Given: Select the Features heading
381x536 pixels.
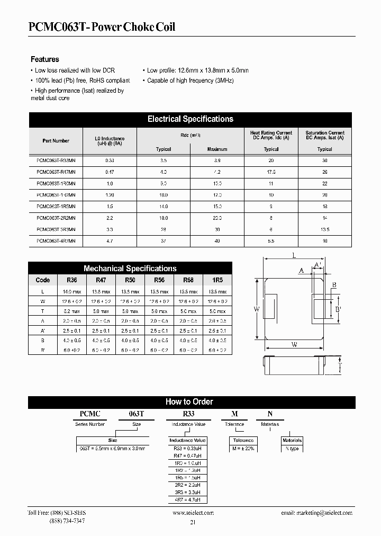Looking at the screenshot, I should tap(44, 59).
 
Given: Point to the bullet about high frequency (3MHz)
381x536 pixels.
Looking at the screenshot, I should tap(190, 81).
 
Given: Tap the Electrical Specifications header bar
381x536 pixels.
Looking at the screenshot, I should tap(190, 119).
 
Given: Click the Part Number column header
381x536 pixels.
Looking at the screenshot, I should tap(56, 140).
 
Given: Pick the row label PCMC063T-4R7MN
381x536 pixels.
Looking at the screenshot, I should tap(56, 241).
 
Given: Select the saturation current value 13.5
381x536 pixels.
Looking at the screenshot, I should tap(324, 230).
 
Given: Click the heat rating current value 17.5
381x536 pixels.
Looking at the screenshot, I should tap(271, 172).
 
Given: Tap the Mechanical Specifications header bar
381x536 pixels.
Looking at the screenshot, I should tap(130, 269).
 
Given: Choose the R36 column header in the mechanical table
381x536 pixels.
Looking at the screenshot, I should tap(71, 280).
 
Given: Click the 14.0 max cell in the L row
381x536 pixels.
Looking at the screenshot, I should tap(71, 292).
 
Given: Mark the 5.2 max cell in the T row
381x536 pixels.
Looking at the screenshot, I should tap(71, 311).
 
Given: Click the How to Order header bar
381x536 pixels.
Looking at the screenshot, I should tap(189, 402).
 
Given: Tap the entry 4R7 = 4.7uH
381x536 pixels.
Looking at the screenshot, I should tap(187, 499).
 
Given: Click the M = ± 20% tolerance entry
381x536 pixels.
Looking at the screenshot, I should tap(243, 449).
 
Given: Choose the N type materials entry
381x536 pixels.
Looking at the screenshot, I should tap(292, 449).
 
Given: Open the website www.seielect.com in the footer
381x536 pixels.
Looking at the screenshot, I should tap(193, 513).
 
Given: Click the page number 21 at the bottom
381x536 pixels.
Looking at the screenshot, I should tap(192, 523).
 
